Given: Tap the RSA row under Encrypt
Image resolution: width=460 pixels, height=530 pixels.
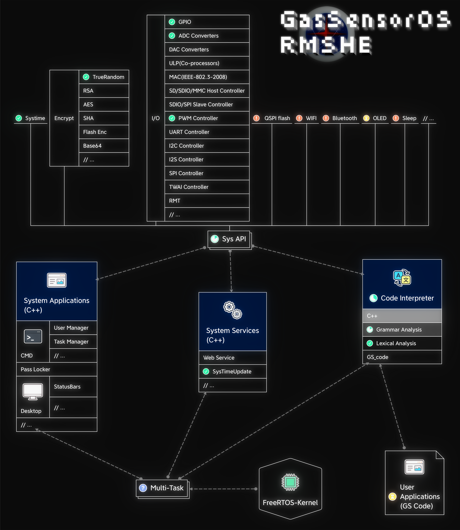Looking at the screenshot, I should coord(104,91).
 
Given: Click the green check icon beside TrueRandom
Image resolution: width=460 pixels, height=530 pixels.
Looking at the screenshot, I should coord(86,77).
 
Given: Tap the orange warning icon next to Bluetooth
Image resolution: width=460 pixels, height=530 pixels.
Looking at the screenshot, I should coord(326,118).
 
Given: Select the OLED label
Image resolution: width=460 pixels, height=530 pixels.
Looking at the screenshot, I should coord(379,118).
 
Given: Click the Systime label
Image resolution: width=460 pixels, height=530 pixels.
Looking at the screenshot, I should coord(35,118).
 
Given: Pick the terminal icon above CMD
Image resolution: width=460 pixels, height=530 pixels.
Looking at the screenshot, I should coord(33,337).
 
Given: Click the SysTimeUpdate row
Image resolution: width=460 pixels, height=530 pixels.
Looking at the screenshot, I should coord(232,372).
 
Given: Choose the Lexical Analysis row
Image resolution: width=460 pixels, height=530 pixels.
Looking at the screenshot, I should coord(402,343).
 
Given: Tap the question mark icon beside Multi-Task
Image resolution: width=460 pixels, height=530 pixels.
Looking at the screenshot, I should coord(143,488).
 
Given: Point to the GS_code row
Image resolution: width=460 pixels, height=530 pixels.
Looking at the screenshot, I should coord(402,357).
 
